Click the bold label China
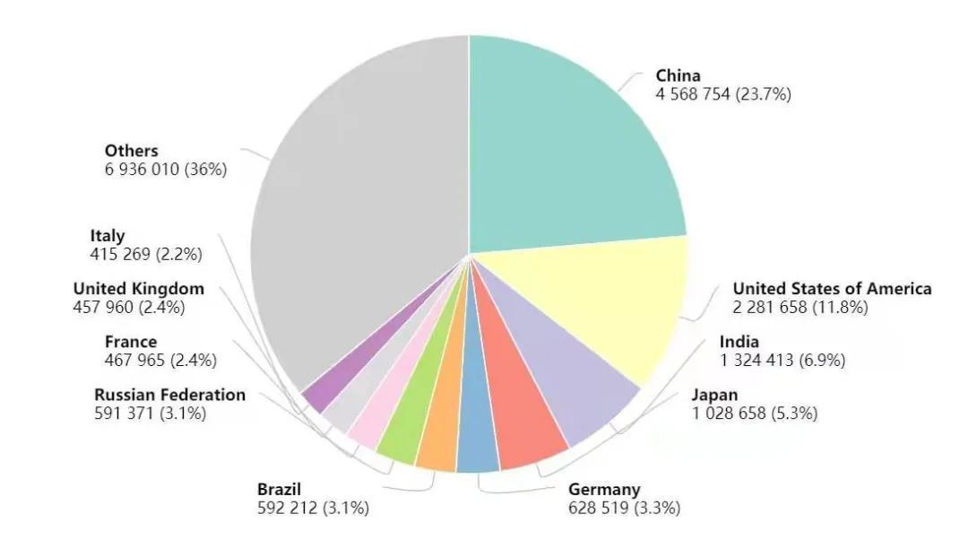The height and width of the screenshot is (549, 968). click(678, 75)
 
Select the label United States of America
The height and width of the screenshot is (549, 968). click(832, 289)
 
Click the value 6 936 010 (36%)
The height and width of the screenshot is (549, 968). click(165, 170)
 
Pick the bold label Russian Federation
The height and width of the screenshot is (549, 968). click(169, 395)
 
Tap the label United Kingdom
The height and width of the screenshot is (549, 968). click(138, 289)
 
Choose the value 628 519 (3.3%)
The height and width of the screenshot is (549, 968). click(624, 509)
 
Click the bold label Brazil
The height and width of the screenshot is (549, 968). click(279, 490)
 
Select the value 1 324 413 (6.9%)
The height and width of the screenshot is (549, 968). click(768, 361)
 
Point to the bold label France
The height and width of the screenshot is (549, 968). click(130, 342)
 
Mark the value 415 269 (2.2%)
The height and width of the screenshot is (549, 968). click(145, 255)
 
